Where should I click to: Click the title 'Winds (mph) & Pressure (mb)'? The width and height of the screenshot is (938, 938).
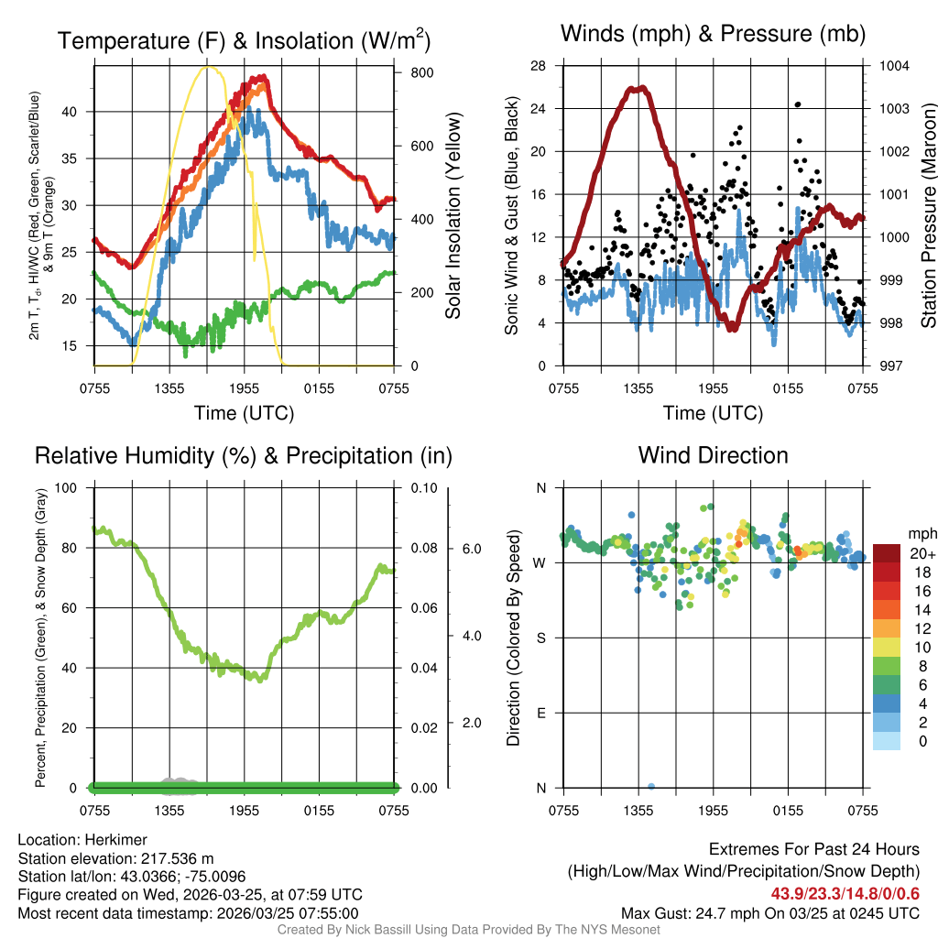tap(713, 34)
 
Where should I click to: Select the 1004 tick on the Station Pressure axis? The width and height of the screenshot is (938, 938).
tap(894, 66)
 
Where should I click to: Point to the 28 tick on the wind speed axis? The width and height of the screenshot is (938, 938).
tap(538, 66)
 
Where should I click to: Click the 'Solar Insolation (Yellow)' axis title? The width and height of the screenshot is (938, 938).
tap(453, 216)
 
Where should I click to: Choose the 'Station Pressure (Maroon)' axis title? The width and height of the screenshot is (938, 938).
tap(927, 216)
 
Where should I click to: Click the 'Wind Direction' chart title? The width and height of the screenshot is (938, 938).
tap(713, 455)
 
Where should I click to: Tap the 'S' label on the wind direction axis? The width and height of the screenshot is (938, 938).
tap(540, 638)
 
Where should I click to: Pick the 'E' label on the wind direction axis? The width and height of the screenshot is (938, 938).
tap(540, 713)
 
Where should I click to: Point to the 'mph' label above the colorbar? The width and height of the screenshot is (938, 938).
tap(920, 533)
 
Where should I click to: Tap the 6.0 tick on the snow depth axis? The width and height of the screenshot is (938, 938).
tap(470, 549)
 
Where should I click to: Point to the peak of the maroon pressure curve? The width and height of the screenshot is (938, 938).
tap(638, 88)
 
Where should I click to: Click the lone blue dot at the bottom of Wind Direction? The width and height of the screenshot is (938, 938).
tap(650, 786)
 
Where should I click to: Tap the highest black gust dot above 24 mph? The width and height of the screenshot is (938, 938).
tap(798, 104)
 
